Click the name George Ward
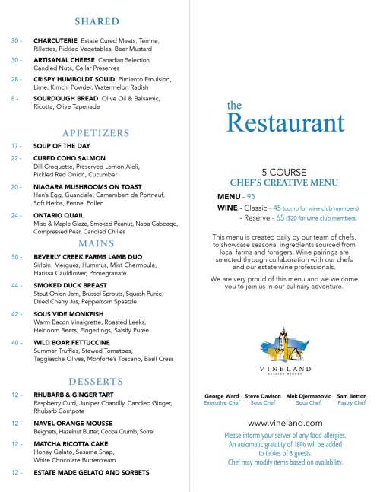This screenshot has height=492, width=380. (222, 396)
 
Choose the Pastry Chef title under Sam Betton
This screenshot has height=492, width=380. (351, 403)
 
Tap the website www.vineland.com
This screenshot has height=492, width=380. (286, 421)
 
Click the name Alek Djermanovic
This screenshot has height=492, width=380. (308, 396)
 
